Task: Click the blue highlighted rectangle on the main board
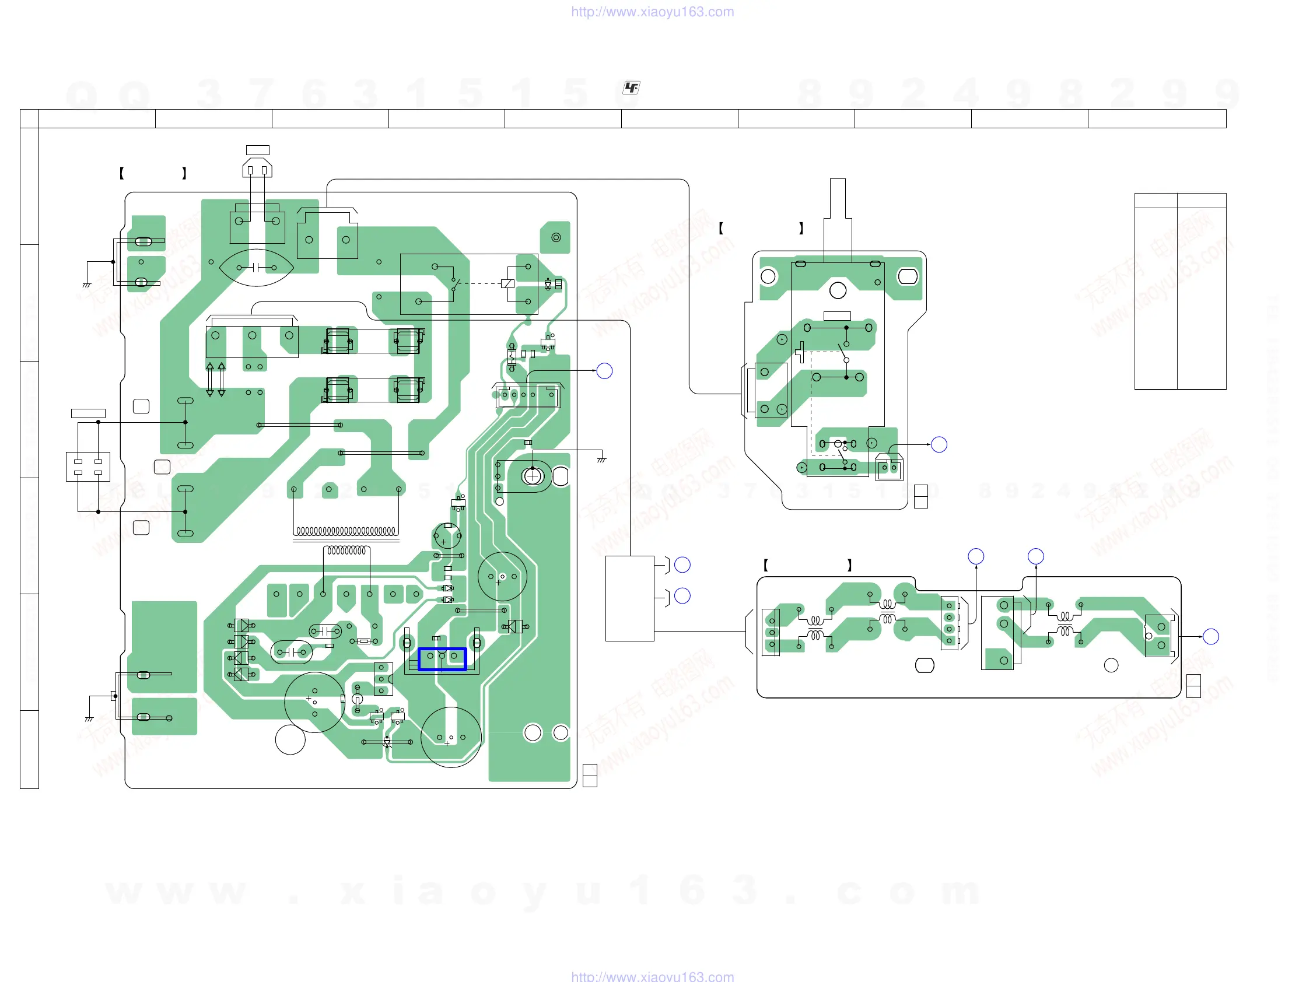point(442,658)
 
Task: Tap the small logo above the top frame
point(631,88)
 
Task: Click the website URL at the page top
point(652,12)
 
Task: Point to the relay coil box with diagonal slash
point(507,283)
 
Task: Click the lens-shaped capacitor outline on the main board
point(256,268)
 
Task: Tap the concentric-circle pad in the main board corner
point(555,237)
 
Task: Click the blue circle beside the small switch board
point(939,444)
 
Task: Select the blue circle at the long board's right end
point(1211,636)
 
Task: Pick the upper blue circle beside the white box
point(682,565)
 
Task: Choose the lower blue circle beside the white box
point(682,596)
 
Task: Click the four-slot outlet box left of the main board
point(88,466)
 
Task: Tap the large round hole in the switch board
point(838,290)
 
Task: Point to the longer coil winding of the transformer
point(345,531)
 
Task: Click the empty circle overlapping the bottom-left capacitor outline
point(290,739)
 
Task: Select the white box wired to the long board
point(629,598)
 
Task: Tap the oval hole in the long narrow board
point(924,665)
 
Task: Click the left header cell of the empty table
point(1156,200)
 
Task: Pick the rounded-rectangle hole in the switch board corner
point(908,276)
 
